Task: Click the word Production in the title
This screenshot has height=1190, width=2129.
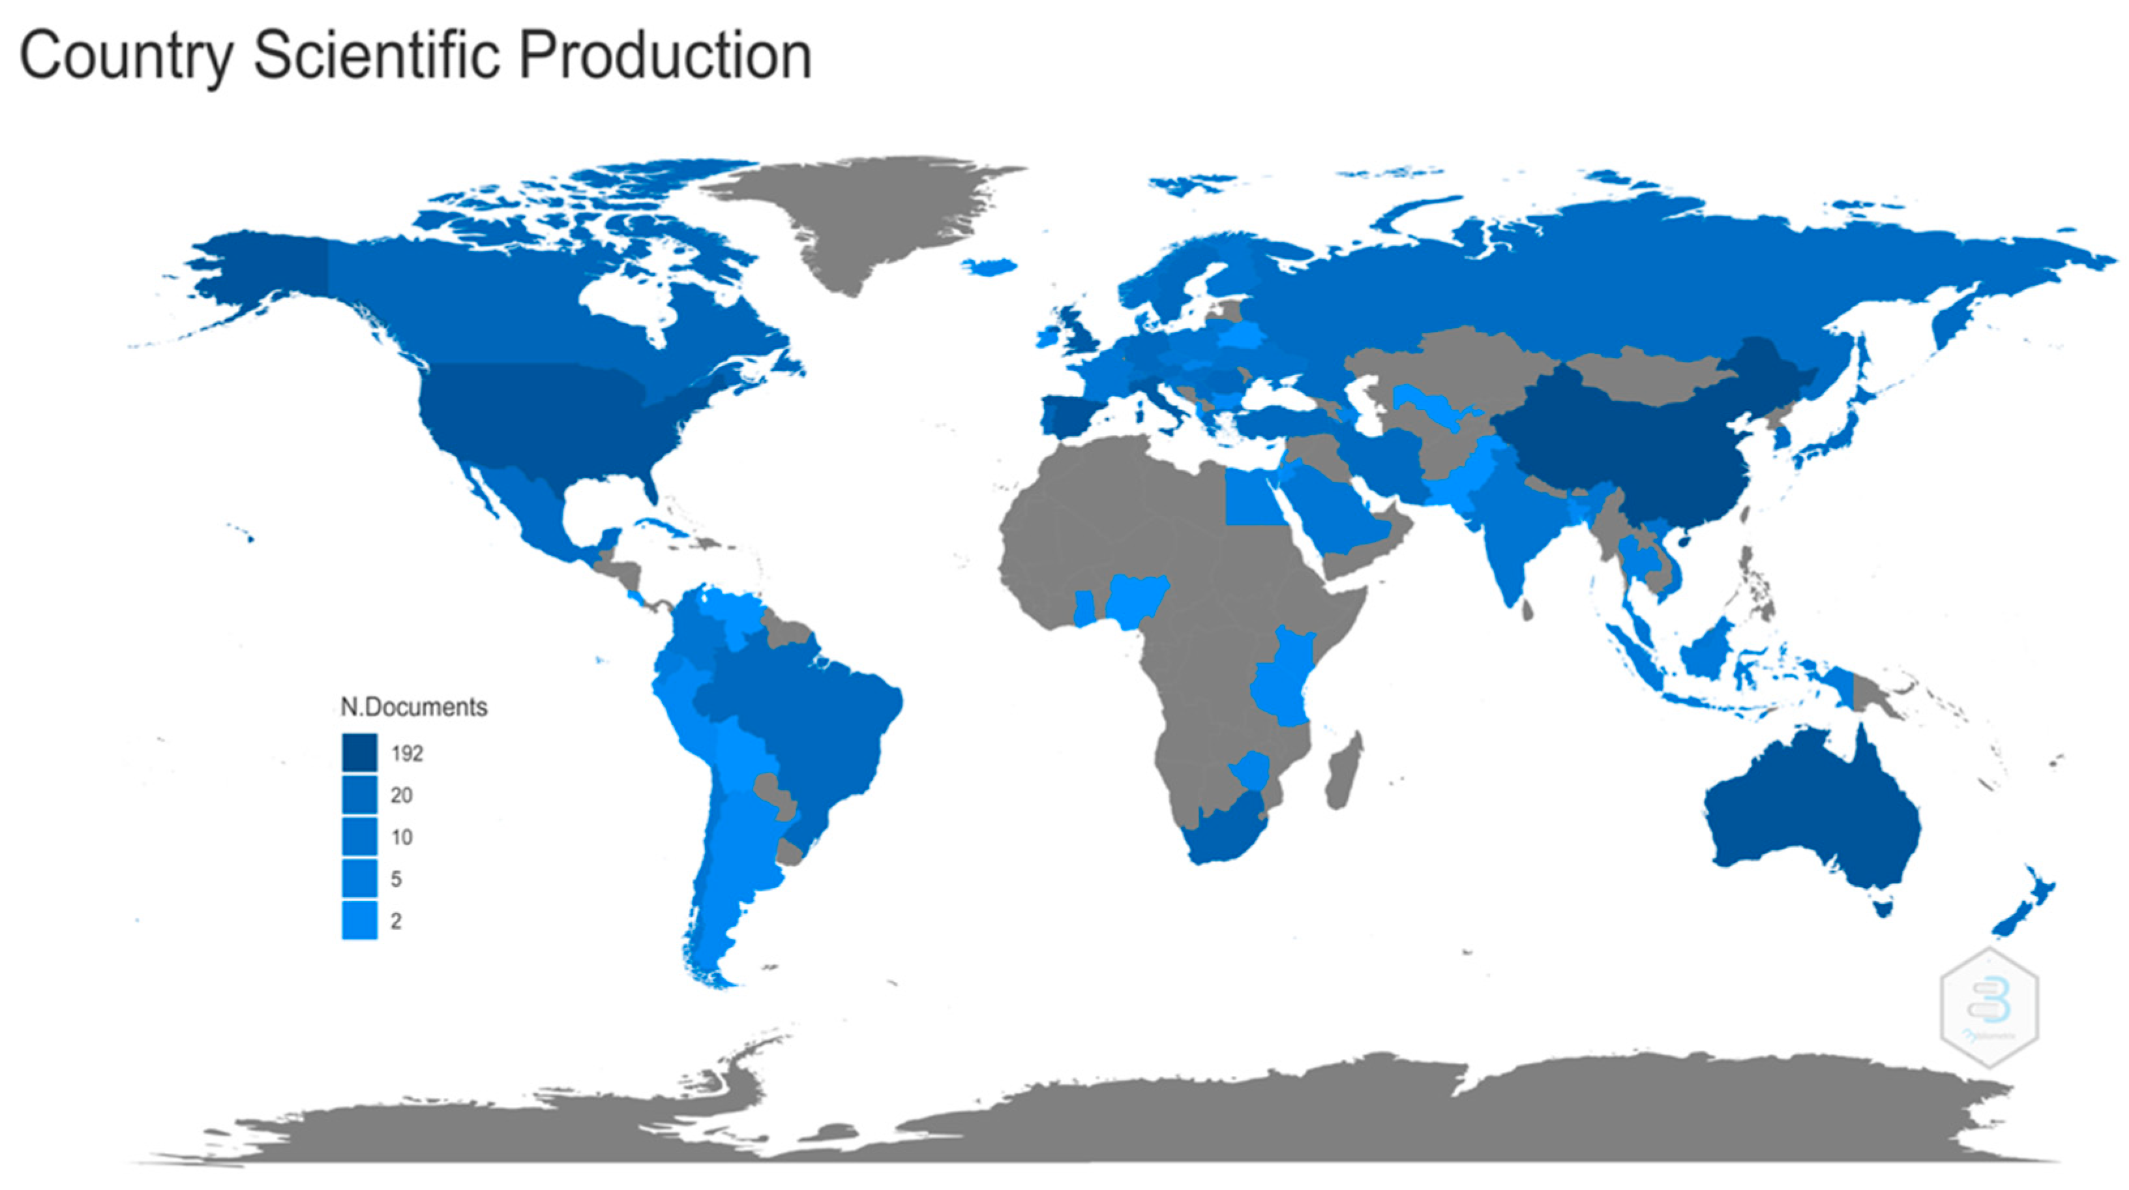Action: click(x=665, y=56)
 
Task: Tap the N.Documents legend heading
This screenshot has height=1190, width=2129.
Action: click(x=414, y=707)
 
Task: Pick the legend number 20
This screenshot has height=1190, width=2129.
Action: click(x=402, y=796)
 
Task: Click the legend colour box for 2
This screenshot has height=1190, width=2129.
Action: click(x=359, y=921)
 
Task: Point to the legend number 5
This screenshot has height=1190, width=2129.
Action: click(x=396, y=879)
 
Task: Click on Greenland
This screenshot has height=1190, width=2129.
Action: click(x=859, y=215)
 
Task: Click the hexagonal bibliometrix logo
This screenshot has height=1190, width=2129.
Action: click(x=1989, y=1007)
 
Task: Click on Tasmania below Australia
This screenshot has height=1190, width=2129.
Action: click(x=1884, y=909)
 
